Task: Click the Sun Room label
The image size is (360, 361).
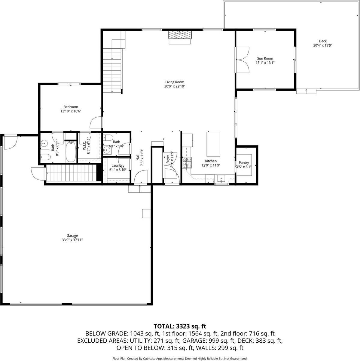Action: (265, 59)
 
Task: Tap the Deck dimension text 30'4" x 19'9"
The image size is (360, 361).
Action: (322, 45)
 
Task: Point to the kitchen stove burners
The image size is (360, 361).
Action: (186, 163)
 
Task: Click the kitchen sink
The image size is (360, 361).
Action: (221, 179)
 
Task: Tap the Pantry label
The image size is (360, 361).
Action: (244, 163)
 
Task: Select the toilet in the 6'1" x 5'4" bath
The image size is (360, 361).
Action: (108, 138)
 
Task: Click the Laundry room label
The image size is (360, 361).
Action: (118, 166)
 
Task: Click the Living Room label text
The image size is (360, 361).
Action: (175, 82)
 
